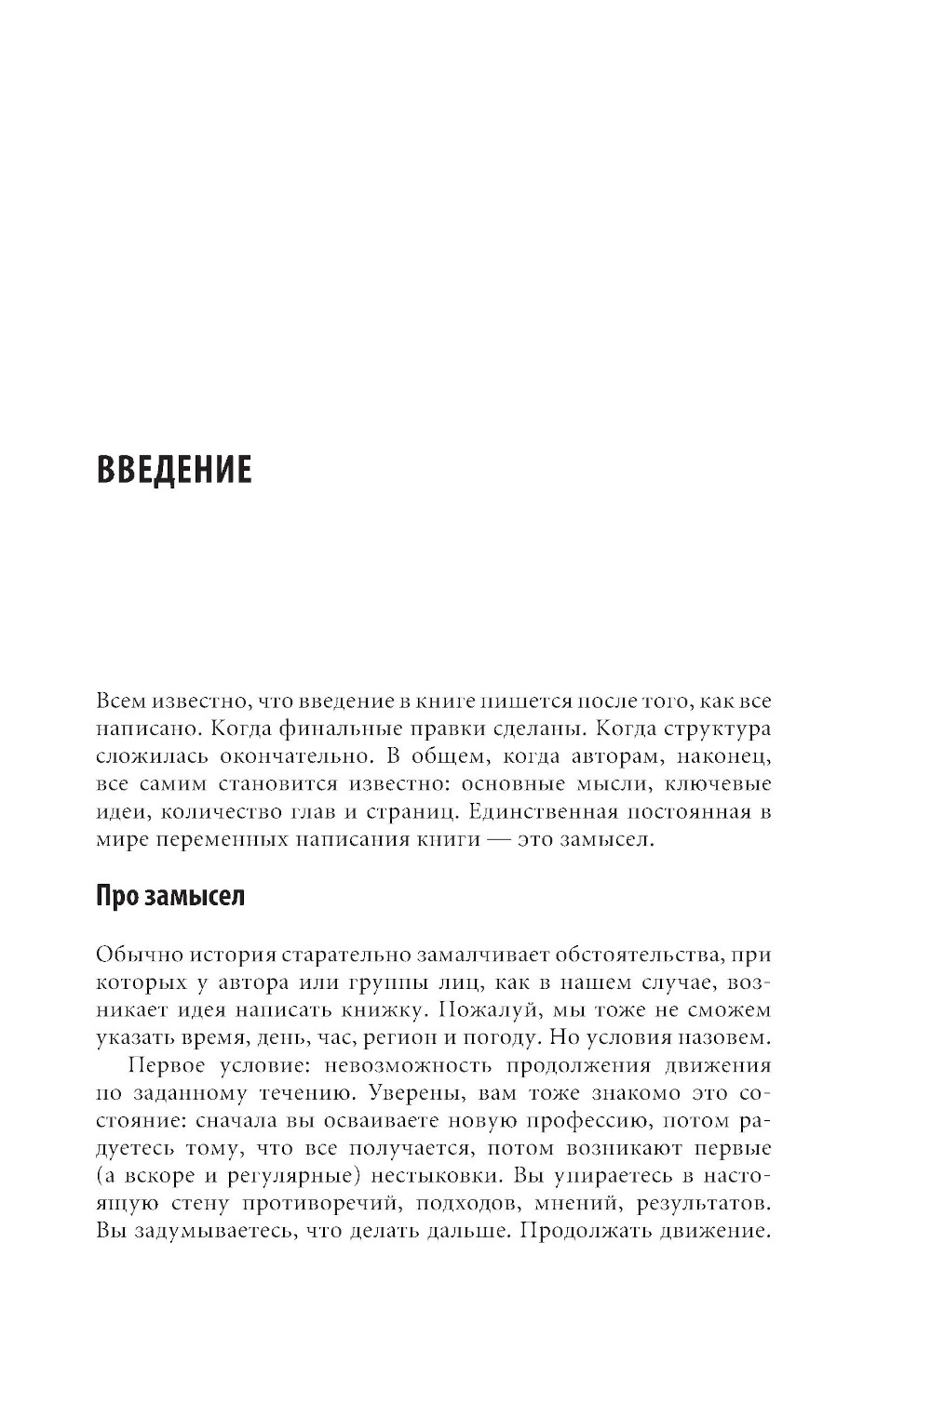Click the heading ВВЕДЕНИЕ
[174, 470]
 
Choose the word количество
[216, 812]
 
